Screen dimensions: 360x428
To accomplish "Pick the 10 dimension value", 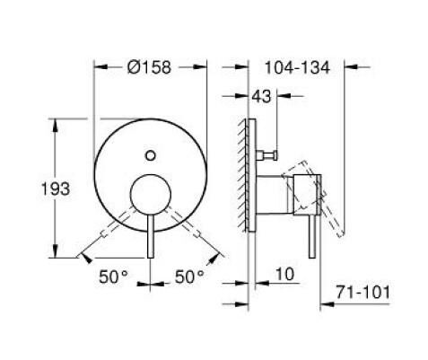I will (284, 271).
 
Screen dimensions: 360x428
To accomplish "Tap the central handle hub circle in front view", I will (151, 193).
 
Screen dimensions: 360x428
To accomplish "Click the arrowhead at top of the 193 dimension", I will (58, 123).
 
